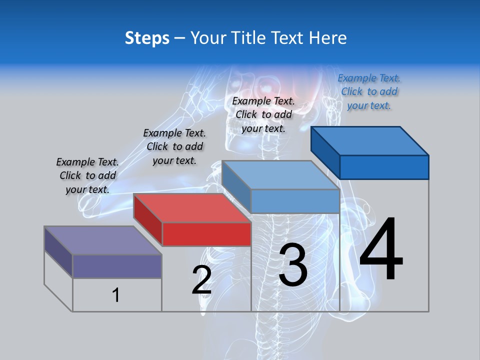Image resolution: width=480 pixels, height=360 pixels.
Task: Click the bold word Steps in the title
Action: point(147,38)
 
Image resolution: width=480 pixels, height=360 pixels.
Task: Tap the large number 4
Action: point(381,250)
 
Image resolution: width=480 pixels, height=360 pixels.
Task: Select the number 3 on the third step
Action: point(292,265)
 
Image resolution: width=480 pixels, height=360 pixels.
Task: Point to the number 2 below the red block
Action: point(201,280)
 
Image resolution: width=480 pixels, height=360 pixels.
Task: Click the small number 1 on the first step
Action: point(116,295)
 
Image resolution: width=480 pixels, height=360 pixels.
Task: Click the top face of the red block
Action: point(192,207)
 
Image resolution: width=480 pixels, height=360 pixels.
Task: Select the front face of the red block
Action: point(206,234)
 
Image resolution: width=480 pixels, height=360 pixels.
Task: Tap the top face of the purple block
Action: point(102,240)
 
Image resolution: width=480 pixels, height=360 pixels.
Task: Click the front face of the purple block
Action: point(117,266)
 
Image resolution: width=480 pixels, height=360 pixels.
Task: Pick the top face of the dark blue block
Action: point(370,140)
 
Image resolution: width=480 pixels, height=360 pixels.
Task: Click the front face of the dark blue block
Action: point(384,167)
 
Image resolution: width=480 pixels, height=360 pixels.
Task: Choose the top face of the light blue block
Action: point(280,174)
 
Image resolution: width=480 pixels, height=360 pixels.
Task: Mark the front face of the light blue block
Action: point(295,201)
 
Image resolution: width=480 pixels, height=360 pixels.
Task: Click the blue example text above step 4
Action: point(369,91)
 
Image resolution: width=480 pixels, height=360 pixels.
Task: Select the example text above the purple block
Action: point(87,175)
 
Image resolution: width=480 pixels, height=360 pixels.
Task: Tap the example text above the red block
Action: point(174,146)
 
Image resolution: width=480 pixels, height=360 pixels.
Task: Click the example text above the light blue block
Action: point(263,114)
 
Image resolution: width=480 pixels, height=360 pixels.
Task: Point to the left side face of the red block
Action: point(148,220)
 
